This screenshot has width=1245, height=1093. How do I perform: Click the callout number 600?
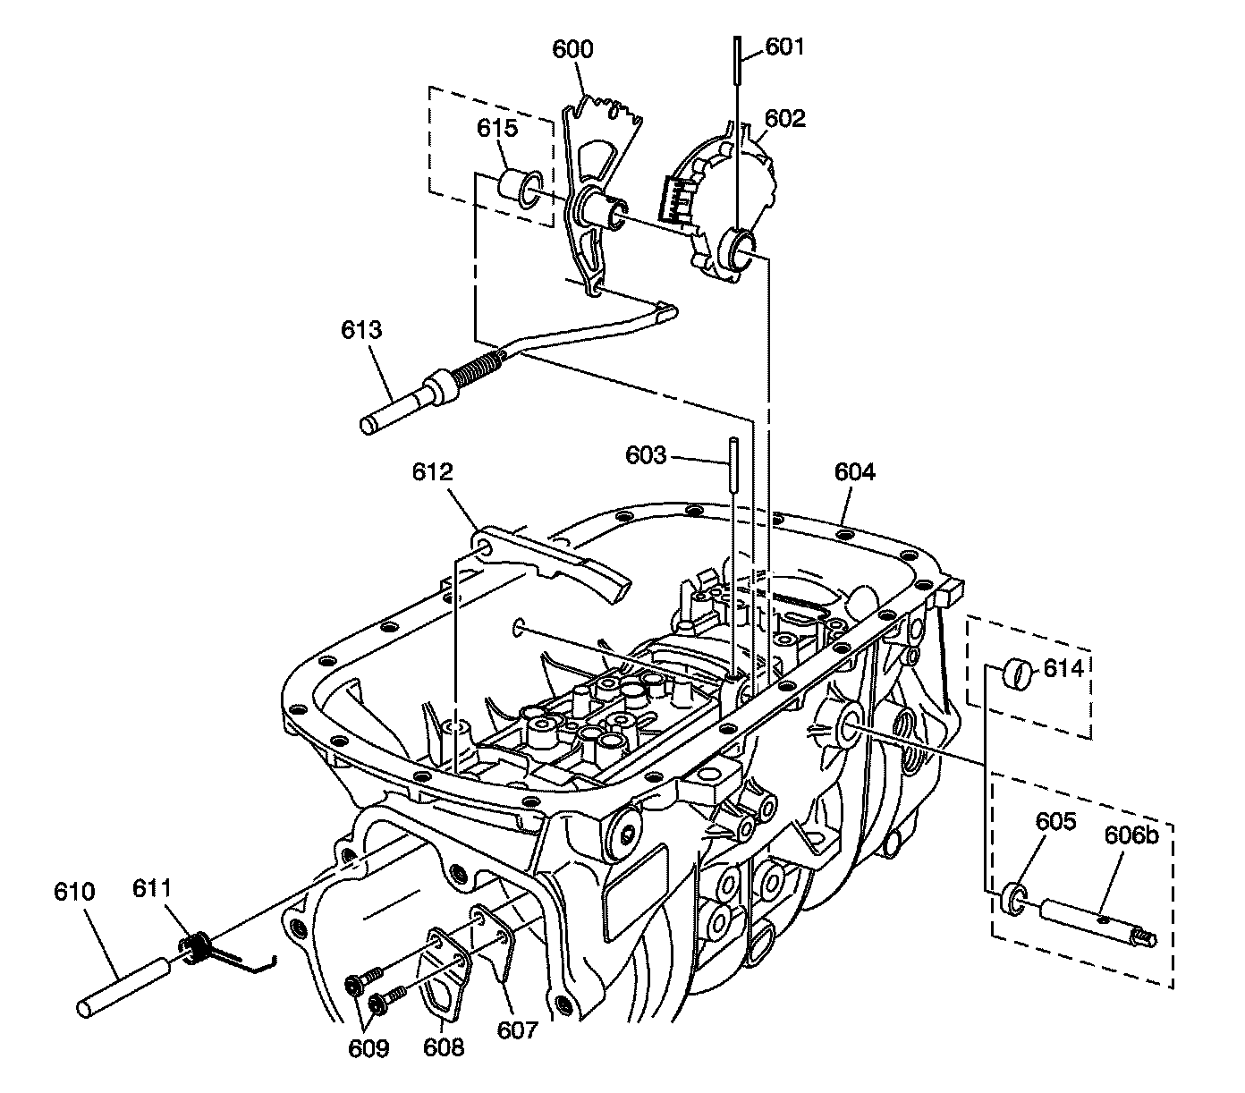coord(572,49)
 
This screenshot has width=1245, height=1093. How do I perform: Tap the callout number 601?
coord(785,46)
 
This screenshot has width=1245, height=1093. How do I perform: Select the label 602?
coord(784,118)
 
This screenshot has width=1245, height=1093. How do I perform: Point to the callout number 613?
coord(361,330)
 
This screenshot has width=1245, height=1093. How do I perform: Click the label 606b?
coord(1131,835)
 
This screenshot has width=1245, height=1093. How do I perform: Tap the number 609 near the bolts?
coord(368,1047)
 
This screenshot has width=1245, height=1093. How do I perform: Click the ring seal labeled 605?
coord(1013,898)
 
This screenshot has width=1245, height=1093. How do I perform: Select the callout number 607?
coord(518,1029)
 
